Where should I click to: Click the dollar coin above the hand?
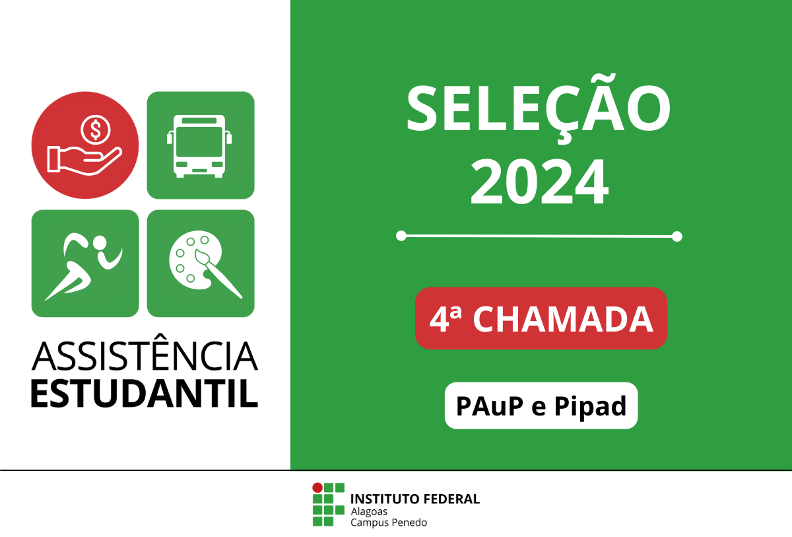pos(96,130)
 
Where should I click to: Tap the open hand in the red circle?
pos(84,161)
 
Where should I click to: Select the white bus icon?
pos(199,146)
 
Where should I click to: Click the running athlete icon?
pos(84,266)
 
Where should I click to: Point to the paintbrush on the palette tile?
pos(218,273)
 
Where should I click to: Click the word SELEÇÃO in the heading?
pos(539,108)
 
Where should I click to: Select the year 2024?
pos(540,182)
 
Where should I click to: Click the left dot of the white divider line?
pos(401,236)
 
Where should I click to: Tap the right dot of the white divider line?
pos(676,236)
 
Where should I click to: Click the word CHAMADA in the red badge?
pos(563,319)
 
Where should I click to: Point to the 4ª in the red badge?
pos(445,318)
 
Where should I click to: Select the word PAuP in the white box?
pos(490,406)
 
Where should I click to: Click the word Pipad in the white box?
pos(590,406)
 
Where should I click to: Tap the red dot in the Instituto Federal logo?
pos(317,488)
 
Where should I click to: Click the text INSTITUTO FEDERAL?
pos(415,499)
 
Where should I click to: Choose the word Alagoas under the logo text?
pos(369,512)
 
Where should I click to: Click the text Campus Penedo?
pos(389,522)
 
